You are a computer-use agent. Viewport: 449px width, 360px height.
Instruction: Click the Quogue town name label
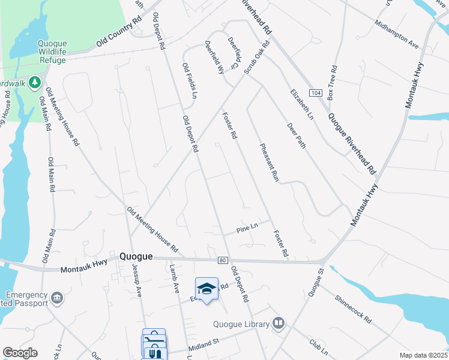tap(136, 256)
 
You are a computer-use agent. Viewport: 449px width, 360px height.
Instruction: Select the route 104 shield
tap(315, 93)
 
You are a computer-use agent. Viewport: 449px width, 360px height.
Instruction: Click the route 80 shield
tap(222, 260)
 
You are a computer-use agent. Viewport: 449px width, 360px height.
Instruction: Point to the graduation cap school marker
tap(206, 289)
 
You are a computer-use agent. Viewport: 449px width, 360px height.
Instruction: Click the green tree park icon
tap(35, 81)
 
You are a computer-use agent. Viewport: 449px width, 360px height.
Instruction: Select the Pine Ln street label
tap(247, 228)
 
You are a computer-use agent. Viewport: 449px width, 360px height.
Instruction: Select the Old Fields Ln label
tap(190, 81)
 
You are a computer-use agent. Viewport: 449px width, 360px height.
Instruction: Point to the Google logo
tap(19, 353)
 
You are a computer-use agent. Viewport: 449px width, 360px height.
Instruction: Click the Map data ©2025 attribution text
tap(423, 355)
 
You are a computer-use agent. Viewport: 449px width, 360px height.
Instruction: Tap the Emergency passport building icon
tap(57, 298)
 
